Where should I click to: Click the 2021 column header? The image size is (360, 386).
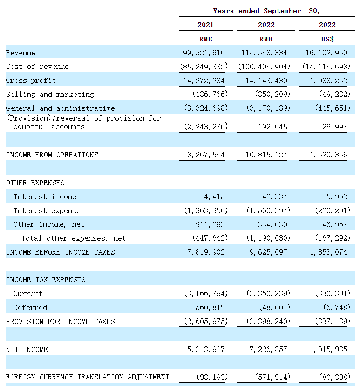point(205,25)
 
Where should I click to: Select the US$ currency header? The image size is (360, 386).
point(327,39)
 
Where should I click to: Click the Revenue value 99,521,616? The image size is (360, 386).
point(204,53)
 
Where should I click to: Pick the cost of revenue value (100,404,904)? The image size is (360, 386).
point(264,67)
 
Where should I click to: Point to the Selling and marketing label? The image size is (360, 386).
point(50,95)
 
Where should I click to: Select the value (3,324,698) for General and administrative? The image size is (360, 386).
point(204,108)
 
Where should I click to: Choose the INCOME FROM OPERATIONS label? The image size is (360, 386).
point(52,155)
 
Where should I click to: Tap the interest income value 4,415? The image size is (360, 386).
point(215,196)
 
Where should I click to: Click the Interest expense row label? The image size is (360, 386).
point(47,210)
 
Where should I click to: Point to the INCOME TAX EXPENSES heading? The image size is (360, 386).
point(46,280)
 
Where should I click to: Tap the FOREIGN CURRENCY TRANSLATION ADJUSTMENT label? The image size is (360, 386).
point(88,377)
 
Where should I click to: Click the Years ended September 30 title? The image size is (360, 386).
point(266,11)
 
